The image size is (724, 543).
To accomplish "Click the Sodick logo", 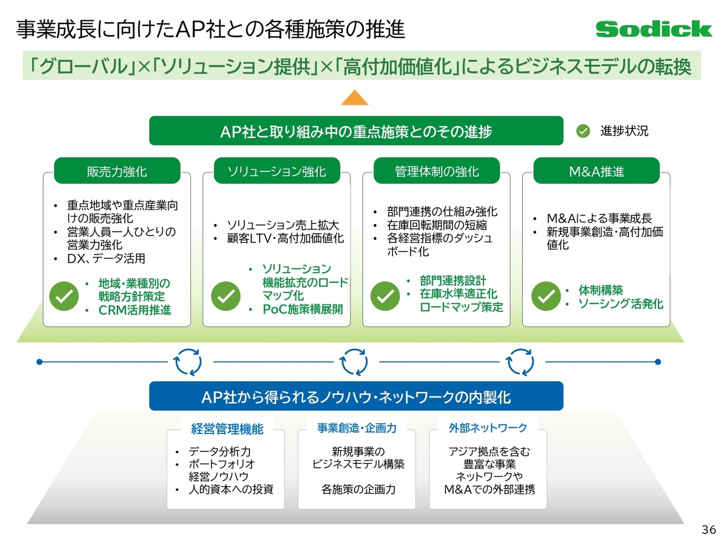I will pos(653,29).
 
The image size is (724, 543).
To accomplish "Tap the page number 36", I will pos(708,529).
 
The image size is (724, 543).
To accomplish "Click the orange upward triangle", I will pos(355,98).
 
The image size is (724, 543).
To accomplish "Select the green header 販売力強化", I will pos(117,171).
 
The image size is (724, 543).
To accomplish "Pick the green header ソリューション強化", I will pos(277,171).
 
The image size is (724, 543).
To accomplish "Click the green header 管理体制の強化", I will pos(437,171).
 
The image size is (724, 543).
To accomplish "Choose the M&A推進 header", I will pos(596,171).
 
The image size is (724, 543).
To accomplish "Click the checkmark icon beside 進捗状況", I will pos(583,131).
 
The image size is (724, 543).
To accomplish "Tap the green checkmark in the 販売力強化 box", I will pos(64,296).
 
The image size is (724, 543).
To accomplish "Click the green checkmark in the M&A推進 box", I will pos(546,296).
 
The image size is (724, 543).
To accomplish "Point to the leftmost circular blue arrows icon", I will pos(188,362).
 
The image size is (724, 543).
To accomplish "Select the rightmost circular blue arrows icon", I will pos(520,362).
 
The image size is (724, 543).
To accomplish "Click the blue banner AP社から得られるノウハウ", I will pos(356,397).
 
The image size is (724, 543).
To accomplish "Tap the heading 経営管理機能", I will pos(227,429).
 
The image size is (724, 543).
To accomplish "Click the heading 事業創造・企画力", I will pos(357,428).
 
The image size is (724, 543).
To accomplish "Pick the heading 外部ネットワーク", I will pos(488,428).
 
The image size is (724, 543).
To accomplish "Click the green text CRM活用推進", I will pos(135,310).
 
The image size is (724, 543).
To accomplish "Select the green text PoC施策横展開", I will pos(303,309).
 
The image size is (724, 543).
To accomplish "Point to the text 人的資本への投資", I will pos(231,489).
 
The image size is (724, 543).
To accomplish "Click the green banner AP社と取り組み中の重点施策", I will pos(356,131).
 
